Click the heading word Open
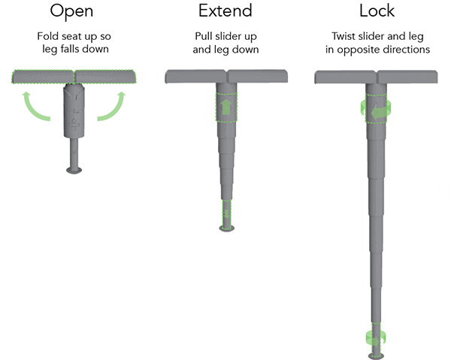point(71,12)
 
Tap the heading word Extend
point(225,11)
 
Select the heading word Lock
point(377,11)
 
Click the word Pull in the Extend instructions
point(204,36)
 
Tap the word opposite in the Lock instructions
point(356,50)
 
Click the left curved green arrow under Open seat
point(36,106)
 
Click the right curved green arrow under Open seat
point(111,106)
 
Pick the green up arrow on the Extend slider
point(226,107)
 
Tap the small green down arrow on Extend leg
point(227,214)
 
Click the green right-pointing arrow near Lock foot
point(374,341)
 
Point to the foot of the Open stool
point(74,170)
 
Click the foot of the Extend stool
point(227,228)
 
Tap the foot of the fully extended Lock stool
point(376,356)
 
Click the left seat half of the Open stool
point(43,77)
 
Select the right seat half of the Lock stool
point(407,77)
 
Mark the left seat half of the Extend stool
point(196,77)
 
